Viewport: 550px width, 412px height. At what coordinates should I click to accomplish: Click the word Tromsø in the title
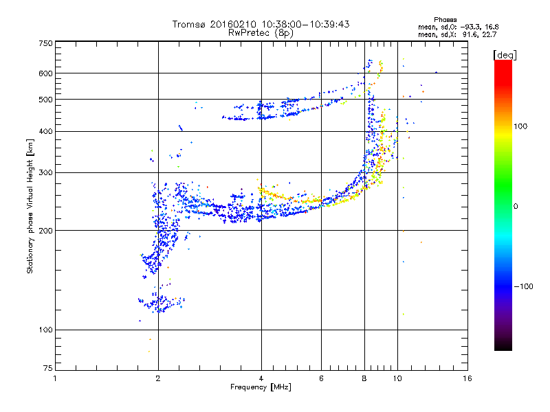tap(188, 24)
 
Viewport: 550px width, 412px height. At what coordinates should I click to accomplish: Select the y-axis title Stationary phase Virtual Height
tap(30, 206)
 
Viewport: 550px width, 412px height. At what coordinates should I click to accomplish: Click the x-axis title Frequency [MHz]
tap(261, 387)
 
